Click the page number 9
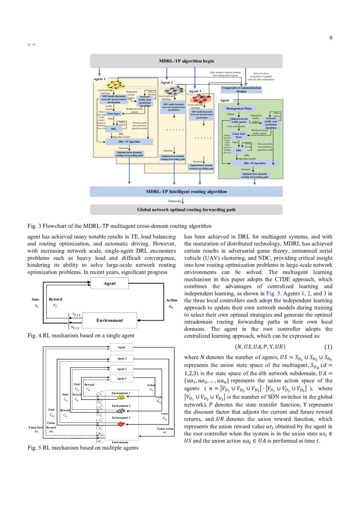(x=331, y=38)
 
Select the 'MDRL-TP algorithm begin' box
(x=186, y=61)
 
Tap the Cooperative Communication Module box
(x=241, y=90)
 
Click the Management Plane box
(x=238, y=108)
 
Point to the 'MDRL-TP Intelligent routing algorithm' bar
(x=186, y=191)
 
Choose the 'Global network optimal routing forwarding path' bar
(x=186, y=209)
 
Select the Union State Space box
(x=239, y=135)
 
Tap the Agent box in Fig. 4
(x=110, y=283)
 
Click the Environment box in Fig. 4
(x=110, y=320)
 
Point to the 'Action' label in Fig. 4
(x=171, y=300)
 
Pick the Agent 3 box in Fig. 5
(x=122, y=358)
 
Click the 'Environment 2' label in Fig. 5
(x=120, y=406)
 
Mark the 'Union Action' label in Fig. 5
(x=165, y=429)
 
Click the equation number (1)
(x=328, y=347)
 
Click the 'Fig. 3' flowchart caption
(x=119, y=226)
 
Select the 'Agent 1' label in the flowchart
(x=99, y=79)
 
